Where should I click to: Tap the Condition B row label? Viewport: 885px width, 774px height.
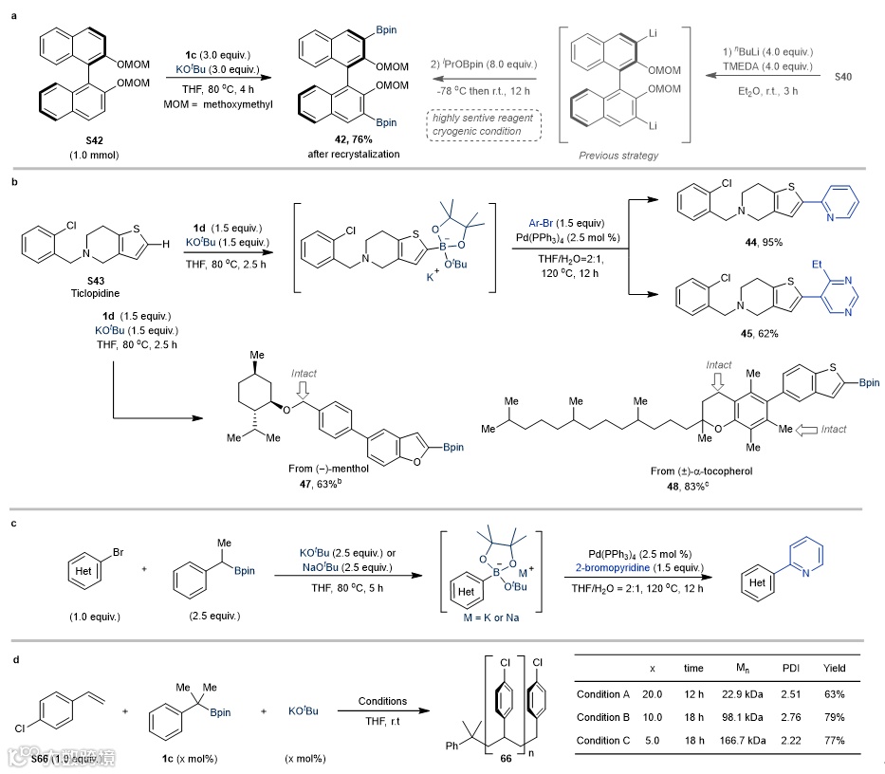click(605, 717)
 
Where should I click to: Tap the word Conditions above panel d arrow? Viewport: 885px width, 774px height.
click(383, 702)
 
